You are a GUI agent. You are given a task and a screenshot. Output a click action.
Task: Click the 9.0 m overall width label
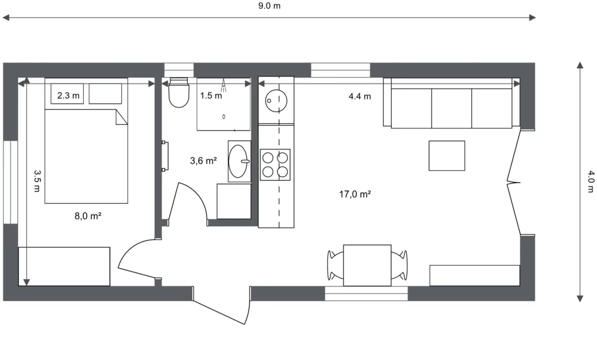pos(269,6)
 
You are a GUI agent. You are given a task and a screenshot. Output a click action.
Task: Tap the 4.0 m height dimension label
pos(590,181)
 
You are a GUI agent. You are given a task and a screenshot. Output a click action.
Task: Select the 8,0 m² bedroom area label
pos(88,216)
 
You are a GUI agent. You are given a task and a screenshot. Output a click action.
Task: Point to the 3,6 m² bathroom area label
pos(203,161)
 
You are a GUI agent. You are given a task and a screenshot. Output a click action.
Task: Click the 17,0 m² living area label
pos(355,194)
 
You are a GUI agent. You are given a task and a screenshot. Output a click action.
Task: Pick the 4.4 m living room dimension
pos(360,96)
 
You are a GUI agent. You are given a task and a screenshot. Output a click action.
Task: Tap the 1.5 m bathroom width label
pos(211,96)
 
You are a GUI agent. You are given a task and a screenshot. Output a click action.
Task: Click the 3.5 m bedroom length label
pos(37,181)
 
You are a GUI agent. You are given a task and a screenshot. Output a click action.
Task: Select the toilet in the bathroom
pos(178,93)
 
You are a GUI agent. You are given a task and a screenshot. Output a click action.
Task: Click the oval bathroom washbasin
pos(238,161)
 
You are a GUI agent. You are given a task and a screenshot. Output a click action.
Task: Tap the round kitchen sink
pos(276,101)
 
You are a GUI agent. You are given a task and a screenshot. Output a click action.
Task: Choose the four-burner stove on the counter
pos(275,165)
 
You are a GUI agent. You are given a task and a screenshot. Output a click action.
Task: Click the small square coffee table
pos(447,155)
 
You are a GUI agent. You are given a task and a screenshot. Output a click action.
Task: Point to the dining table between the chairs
pos(367,265)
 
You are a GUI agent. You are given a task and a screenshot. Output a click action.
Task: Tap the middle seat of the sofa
pos(452,109)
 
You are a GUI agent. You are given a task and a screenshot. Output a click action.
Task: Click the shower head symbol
pos(224,85)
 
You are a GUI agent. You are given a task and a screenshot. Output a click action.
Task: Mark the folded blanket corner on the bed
pos(121,117)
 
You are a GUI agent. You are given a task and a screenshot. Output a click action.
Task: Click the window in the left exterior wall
pos(10,182)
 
